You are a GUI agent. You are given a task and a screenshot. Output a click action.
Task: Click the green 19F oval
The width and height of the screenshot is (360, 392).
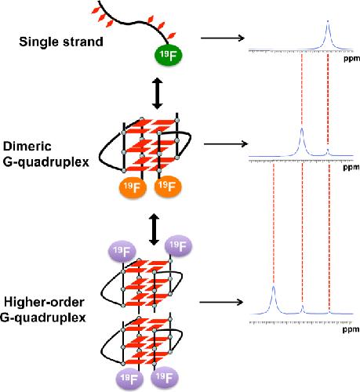pos(168,55)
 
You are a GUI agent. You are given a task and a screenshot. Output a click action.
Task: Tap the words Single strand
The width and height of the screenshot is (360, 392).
pos(61,42)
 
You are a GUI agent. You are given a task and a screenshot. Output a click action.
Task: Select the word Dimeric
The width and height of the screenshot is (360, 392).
pos(27,146)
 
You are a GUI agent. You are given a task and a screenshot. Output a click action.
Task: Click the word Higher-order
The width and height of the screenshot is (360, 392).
pos(44,303)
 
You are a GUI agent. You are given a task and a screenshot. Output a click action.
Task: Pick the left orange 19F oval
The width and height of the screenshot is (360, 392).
pos(133,187)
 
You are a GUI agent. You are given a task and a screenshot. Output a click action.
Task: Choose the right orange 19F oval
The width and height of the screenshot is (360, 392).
pos(168,186)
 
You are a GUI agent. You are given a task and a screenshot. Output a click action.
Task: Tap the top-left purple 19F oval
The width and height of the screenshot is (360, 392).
pos(122,252)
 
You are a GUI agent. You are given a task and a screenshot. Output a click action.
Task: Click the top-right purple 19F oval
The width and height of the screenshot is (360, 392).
pos(178,245)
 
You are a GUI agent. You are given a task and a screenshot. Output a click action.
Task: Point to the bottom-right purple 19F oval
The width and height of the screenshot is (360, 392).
pos(165,377)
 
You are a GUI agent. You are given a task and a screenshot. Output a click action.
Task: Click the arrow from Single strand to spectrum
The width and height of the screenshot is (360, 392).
pos(222,38)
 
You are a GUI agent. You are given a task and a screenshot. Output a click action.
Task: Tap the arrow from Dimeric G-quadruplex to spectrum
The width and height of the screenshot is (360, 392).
pos(226,143)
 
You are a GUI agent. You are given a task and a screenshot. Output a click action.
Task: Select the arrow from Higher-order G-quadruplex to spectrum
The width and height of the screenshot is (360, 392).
pos(221,302)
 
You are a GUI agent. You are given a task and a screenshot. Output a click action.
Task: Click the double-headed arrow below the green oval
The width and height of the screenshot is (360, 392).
pos(158,93)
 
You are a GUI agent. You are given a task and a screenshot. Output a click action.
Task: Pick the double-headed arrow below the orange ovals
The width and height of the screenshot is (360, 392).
pos(154,229)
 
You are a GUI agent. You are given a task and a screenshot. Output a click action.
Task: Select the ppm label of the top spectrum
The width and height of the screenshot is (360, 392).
pos(351,59)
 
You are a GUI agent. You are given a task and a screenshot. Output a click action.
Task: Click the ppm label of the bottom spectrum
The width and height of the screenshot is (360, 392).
pos(351,329)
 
